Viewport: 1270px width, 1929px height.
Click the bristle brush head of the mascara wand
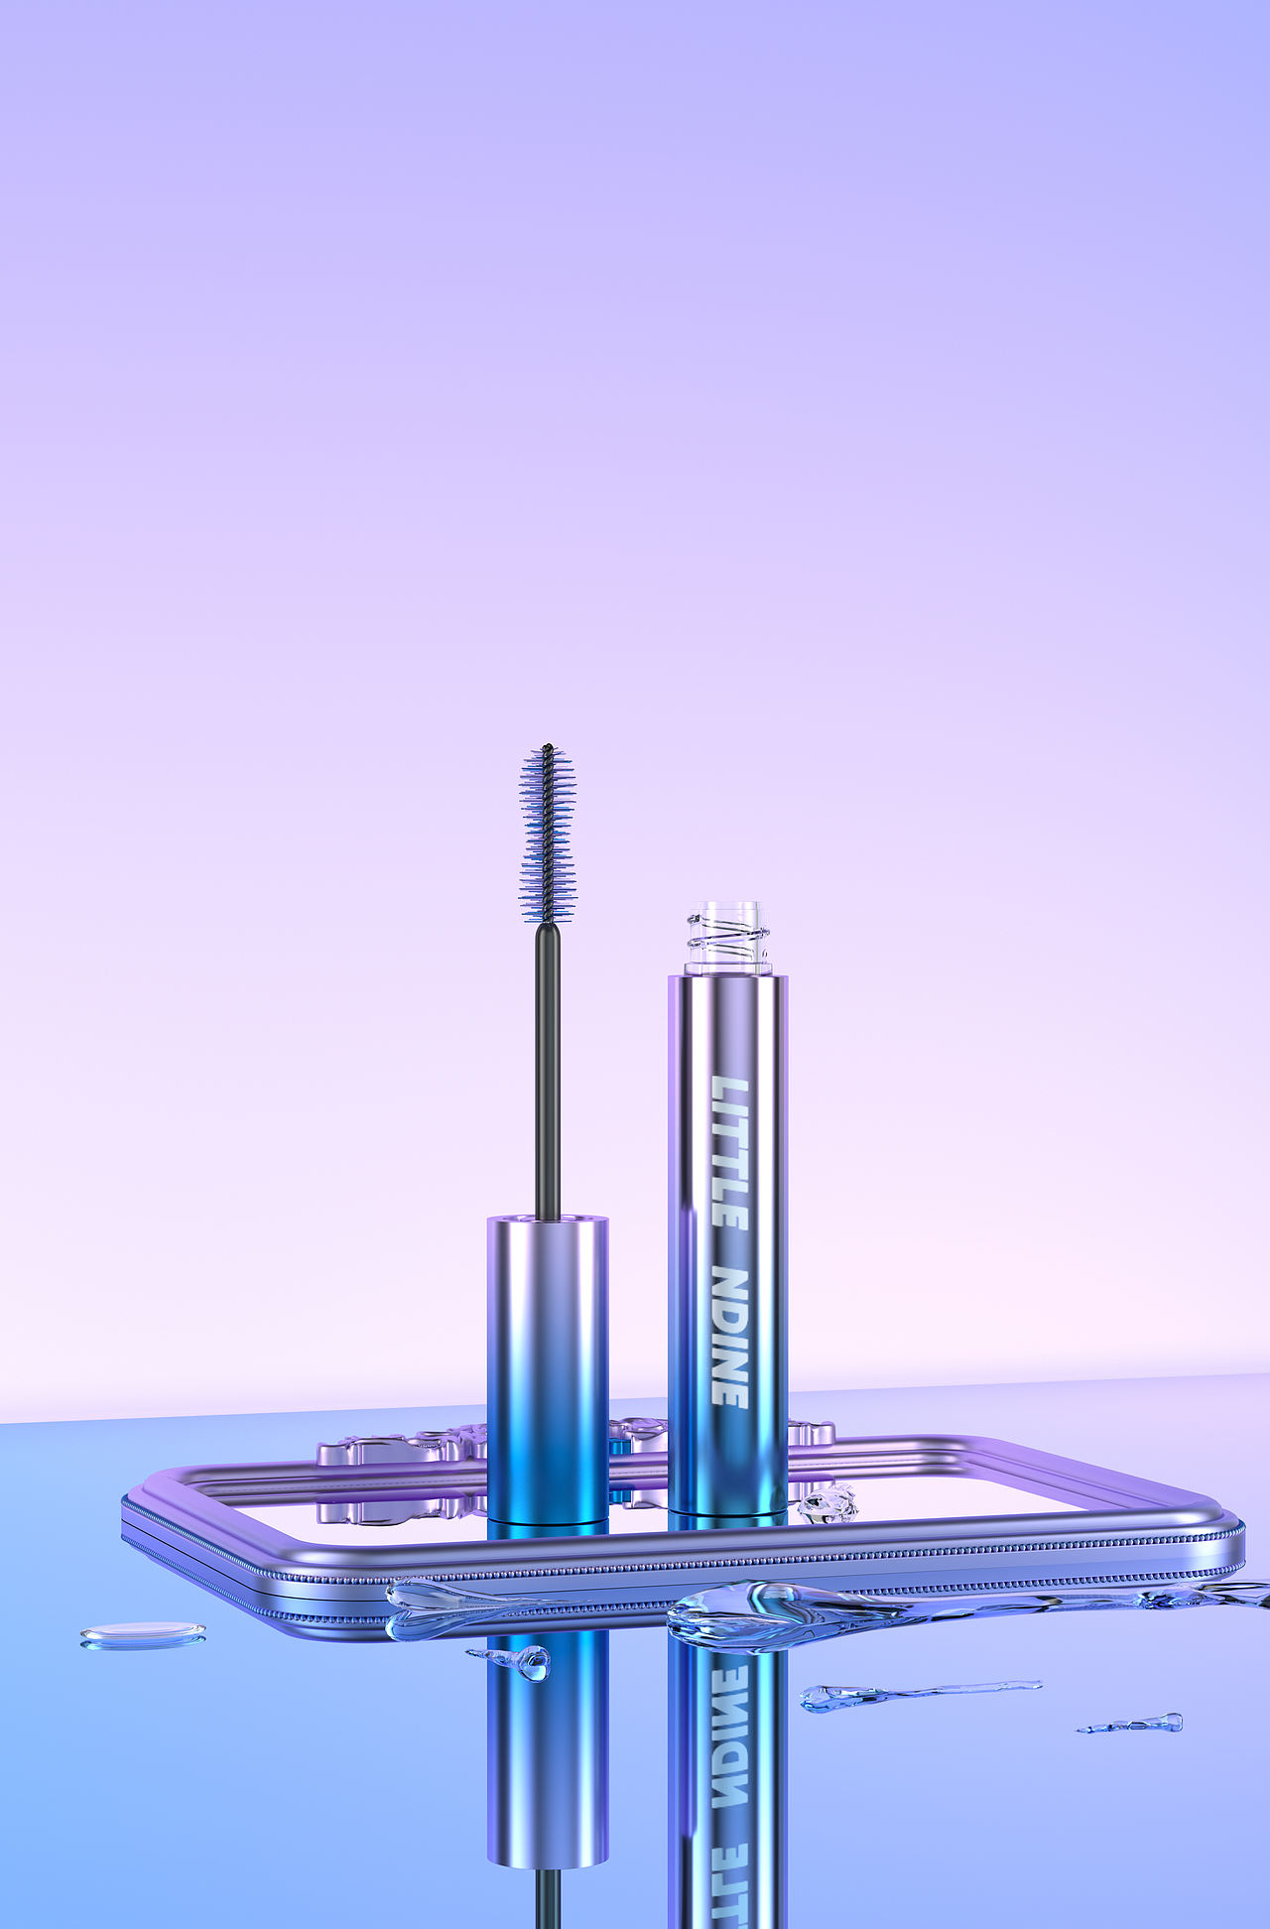547,834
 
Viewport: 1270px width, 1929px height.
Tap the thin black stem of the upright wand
547,1072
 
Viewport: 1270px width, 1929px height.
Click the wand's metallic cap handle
547,1369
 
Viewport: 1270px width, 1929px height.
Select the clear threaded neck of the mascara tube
727,938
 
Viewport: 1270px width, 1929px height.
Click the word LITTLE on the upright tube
730,1153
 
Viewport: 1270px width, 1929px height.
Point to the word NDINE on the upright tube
730,1337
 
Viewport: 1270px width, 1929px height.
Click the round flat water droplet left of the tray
143,1635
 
